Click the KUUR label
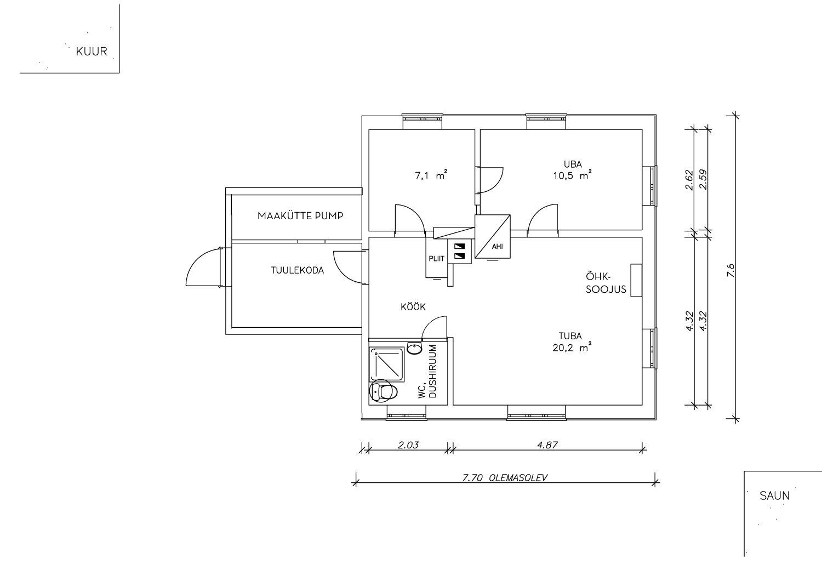[x=92, y=52]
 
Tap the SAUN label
[x=774, y=496]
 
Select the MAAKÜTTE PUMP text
[x=300, y=216]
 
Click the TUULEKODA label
[x=297, y=271]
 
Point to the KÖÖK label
[x=413, y=307]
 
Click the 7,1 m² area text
[x=431, y=175]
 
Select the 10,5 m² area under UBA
[x=573, y=175]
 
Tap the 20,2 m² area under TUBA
[x=572, y=347]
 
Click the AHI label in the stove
[x=497, y=247]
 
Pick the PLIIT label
[x=436, y=259]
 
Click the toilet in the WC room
[x=384, y=391]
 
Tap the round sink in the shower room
[x=415, y=348]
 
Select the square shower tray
[x=387, y=365]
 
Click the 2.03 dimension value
[x=408, y=445]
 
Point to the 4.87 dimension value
[x=547, y=445]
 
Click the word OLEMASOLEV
[x=518, y=478]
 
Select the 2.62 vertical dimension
[x=689, y=180]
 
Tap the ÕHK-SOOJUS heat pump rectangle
[x=636, y=280]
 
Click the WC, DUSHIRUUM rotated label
[x=427, y=372]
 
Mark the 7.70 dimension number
[x=472, y=478]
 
